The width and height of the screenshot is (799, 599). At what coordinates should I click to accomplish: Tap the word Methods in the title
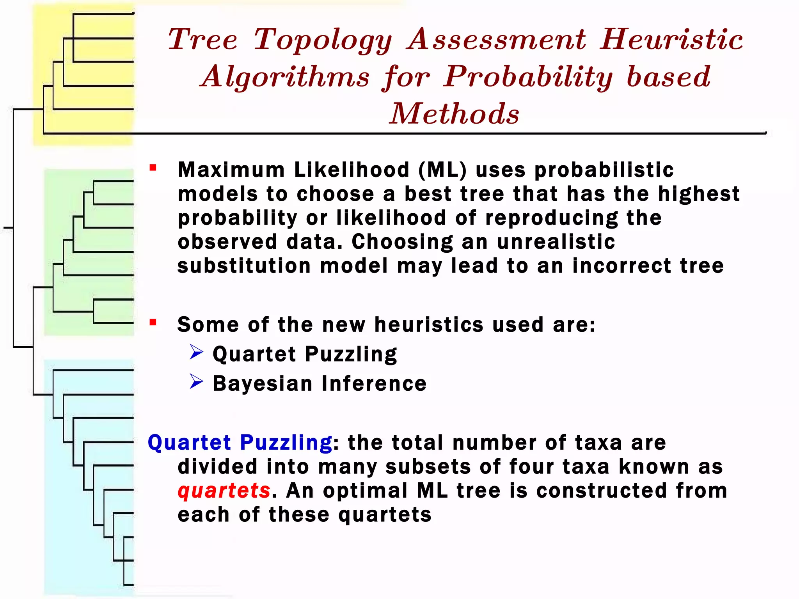point(455,113)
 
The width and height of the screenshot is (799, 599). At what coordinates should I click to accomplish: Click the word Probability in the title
point(528,77)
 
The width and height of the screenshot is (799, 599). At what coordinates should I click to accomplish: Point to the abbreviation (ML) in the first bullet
point(442,170)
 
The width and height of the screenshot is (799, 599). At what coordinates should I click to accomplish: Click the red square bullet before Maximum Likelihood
point(153,168)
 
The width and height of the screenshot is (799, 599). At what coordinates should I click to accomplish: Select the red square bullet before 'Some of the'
point(153,323)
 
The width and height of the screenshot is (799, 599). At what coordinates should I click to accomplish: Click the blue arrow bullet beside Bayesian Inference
point(196,381)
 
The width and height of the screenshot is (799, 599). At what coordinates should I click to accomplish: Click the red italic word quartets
point(224,491)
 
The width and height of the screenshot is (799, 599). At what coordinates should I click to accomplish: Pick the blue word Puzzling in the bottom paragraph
point(286,443)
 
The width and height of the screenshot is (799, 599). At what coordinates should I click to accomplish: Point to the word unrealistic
point(556,242)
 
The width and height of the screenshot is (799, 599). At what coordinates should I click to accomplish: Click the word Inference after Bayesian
point(374,384)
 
